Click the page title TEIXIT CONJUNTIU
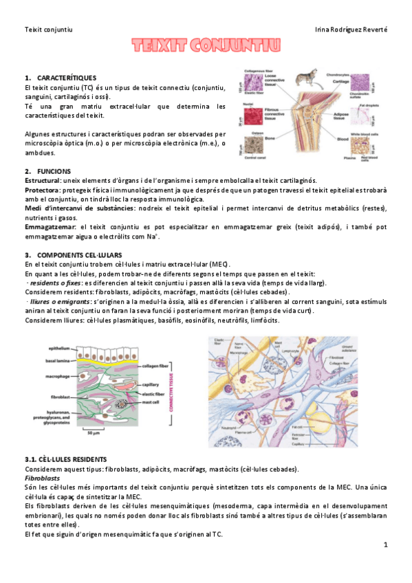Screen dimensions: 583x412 206,46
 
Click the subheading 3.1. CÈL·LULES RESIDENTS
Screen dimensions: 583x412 65,459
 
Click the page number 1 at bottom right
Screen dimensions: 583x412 386,544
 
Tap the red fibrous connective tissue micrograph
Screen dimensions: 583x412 251,115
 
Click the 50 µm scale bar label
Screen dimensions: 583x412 95,434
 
